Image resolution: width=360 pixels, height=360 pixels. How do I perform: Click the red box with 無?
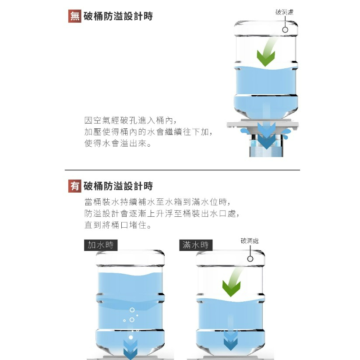pos(74,16)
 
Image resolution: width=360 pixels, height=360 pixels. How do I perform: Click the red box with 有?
pos(74,186)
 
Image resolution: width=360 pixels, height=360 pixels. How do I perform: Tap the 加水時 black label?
pos(101,245)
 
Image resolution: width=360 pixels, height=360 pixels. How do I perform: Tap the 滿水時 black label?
pos(196,245)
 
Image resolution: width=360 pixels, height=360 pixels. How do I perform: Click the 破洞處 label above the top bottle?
pos(285,12)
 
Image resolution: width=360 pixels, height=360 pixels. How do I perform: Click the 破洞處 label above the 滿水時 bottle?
pos(250,240)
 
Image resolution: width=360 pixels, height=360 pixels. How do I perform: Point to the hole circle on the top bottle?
pos(285,30)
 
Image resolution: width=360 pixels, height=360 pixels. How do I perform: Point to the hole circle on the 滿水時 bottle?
pos(250,259)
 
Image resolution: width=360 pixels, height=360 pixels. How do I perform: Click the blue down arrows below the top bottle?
pos(266,135)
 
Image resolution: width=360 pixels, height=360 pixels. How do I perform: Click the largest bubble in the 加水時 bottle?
pos(132,310)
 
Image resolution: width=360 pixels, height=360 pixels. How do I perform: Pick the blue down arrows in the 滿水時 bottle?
pos(231,341)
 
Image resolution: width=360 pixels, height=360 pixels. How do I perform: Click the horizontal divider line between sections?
pos(182,170)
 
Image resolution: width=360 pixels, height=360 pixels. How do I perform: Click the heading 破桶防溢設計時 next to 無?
pos(118,16)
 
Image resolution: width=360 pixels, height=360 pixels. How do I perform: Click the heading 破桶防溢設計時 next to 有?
pos(118,186)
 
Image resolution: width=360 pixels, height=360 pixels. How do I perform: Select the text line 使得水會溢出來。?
pos(118,143)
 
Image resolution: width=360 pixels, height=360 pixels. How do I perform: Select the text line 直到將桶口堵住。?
pos(118,225)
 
